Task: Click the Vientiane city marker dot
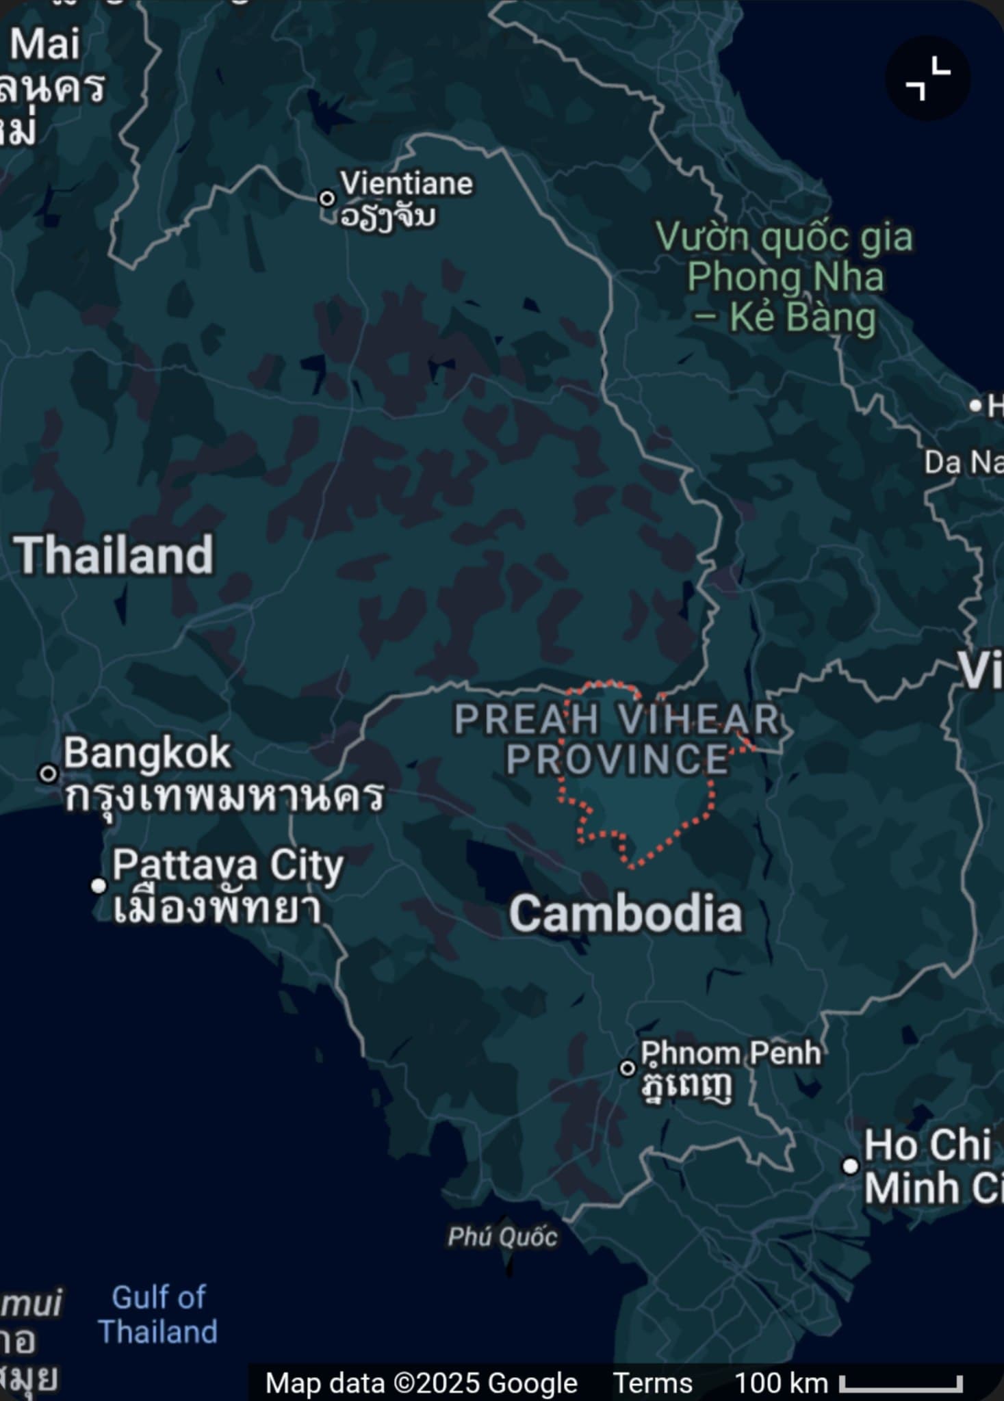pos(327,198)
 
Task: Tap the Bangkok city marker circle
pos(48,774)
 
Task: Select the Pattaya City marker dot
pos(99,886)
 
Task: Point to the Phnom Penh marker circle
pos(628,1068)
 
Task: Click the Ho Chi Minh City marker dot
pos(850,1166)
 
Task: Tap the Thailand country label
pos(114,555)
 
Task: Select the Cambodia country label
pos(626,914)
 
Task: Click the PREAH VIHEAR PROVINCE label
pos(617,739)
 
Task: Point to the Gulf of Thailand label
pos(158,1314)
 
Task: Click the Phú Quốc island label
pos(502,1237)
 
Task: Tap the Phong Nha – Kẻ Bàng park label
pos(784,277)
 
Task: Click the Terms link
pos(652,1383)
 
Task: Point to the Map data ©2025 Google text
pos(421,1383)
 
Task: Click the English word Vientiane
pos(407,183)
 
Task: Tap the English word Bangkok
pos(147,753)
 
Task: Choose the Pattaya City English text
pos(228,865)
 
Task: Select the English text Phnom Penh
pos(730,1053)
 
